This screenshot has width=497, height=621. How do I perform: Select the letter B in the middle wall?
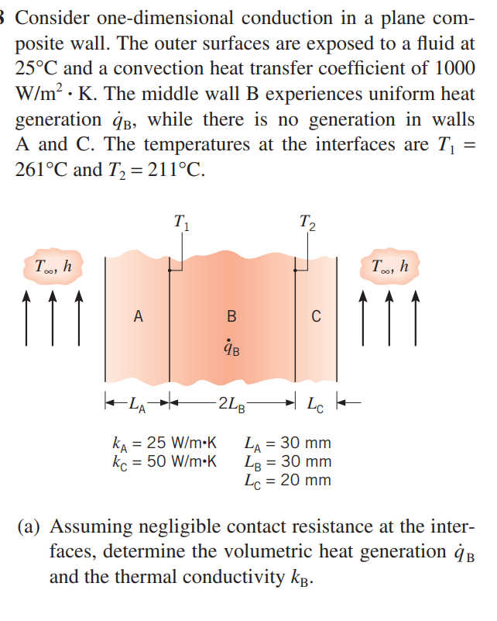pos(231,316)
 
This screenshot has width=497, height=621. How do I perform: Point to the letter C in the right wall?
pos(315,316)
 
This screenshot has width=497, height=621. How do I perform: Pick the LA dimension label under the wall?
pos(136,403)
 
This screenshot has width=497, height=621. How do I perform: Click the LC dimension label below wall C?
pos(317,403)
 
